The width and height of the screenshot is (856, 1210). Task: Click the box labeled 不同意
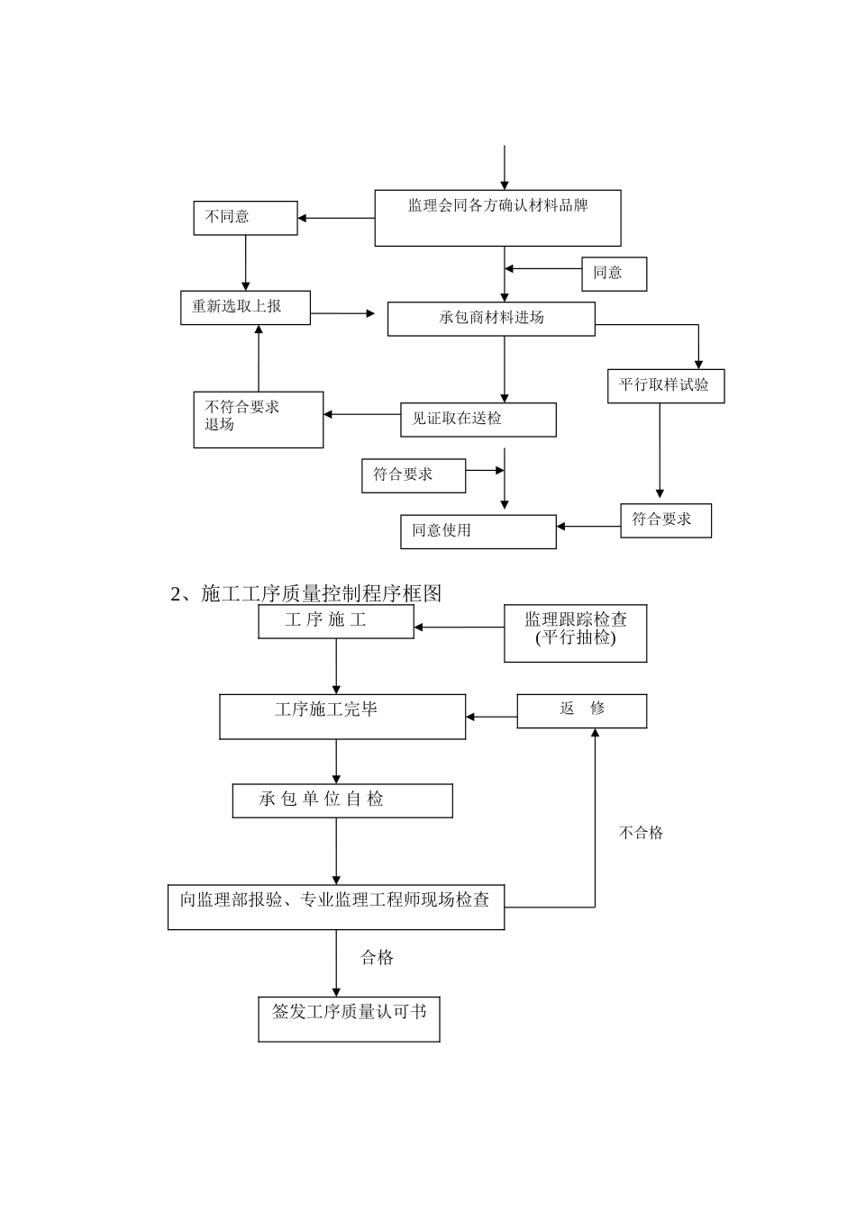coord(245,218)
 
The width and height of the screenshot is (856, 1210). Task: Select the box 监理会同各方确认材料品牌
coord(497,218)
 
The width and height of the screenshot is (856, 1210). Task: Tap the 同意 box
coord(614,274)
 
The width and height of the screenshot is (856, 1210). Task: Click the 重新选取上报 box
coord(245,308)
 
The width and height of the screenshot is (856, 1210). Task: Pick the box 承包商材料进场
coord(491,319)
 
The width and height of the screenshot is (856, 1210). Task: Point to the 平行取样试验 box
coord(665,386)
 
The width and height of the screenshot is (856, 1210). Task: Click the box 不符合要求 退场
coord(258,420)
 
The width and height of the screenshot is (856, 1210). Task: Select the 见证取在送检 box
coord(478,420)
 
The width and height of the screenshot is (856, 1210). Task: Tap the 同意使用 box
coord(478,531)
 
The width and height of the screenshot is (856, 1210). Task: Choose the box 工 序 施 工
coord(335,621)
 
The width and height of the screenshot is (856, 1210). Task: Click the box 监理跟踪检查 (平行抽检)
coord(575,633)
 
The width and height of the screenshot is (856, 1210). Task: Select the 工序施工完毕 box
coord(342,717)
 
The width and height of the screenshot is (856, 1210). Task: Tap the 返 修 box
coord(581,710)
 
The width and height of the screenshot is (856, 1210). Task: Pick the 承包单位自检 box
coord(342,800)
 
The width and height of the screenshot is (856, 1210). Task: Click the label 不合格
coord(641,834)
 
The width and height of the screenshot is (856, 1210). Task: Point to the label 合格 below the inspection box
coord(377,958)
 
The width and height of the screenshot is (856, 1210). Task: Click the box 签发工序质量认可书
coord(349,1019)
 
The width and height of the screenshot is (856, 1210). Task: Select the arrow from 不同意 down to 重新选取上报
coord(245,263)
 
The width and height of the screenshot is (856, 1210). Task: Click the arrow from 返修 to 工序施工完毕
coord(491,718)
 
